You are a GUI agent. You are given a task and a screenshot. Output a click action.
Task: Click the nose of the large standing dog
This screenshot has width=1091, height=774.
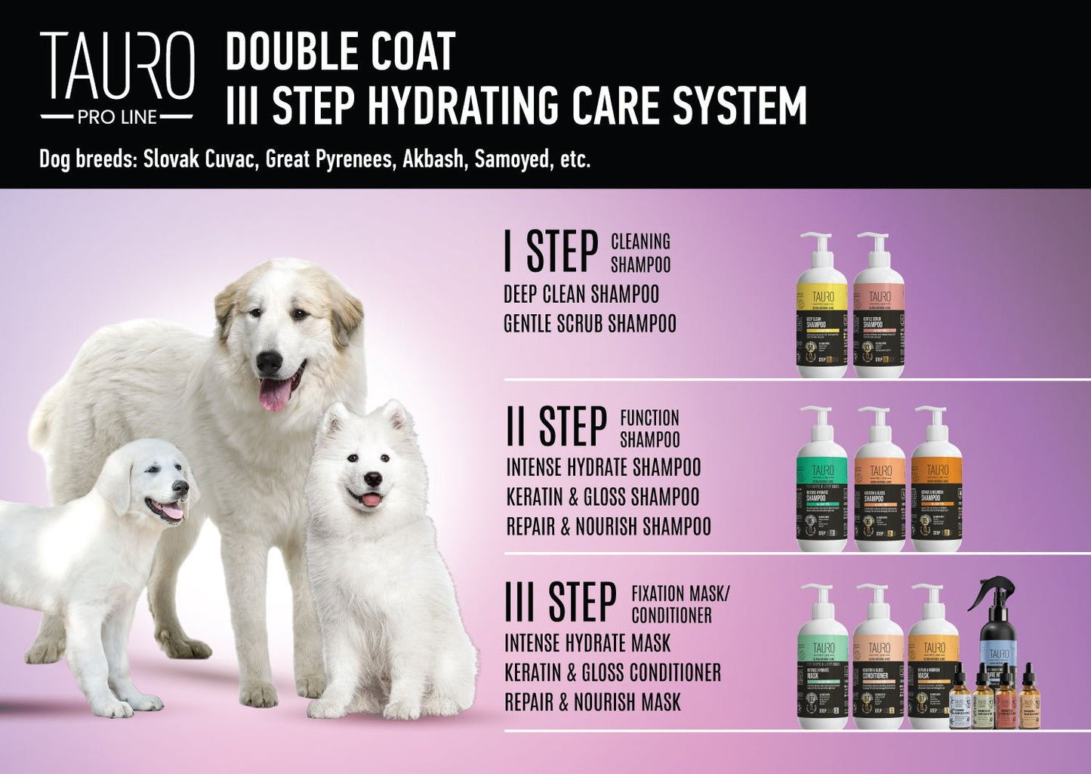[x=268, y=362]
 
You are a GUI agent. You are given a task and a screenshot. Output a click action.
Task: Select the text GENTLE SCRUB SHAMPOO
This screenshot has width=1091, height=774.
[x=590, y=324]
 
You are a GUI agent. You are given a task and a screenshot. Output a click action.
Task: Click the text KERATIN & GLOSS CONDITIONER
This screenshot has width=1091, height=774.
[x=612, y=672]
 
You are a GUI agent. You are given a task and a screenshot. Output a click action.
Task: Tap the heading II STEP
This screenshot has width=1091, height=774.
[x=556, y=427]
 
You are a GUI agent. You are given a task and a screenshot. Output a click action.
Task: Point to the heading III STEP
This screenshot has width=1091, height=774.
[x=560, y=602]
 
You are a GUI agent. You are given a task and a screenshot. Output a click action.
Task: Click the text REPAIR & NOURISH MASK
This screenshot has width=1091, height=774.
[x=593, y=702]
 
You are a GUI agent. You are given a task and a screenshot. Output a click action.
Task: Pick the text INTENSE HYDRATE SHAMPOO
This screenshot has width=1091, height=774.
[x=603, y=467]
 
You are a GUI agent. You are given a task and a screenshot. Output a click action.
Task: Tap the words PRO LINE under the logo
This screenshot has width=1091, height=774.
[x=117, y=117]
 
